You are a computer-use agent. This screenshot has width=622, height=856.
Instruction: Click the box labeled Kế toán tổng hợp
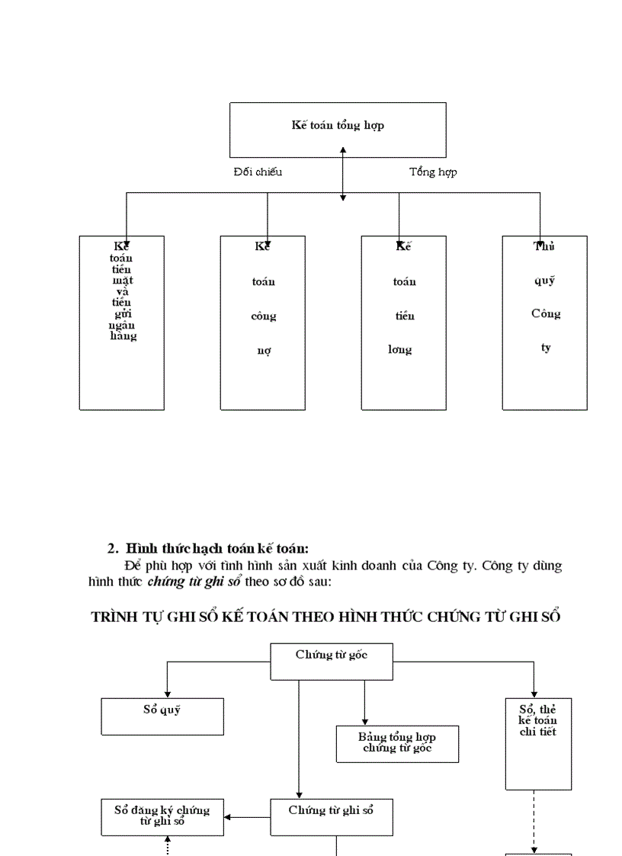[x=338, y=130]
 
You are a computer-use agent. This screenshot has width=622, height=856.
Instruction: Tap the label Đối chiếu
[x=258, y=172]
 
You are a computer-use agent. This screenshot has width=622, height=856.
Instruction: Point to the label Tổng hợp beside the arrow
[x=432, y=172]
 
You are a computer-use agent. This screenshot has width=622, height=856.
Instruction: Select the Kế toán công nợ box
[x=263, y=322]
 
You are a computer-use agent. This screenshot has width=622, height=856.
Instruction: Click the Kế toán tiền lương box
[x=403, y=322]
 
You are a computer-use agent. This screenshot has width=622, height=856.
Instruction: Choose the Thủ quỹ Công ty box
[x=544, y=322]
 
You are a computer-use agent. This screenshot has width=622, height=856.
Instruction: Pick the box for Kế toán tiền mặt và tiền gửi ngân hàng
[x=122, y=322]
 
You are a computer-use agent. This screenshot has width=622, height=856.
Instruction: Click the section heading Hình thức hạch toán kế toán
[x=216, y=548]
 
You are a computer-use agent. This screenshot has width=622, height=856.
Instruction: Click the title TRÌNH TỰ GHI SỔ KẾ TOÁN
[x=326, y=617]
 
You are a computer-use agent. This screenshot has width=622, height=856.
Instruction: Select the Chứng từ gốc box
[x=332, y=661]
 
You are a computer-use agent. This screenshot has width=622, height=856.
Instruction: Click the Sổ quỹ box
[x=162, y=716]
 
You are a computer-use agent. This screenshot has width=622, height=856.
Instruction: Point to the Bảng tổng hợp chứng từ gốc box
[x=397, y=743]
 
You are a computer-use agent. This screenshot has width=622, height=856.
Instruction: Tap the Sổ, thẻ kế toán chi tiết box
[x=538, y=743]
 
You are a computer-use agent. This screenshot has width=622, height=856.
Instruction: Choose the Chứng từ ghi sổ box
[x=332, y=816]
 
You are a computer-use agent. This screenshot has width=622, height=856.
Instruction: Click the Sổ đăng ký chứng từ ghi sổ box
[x=162, y=816]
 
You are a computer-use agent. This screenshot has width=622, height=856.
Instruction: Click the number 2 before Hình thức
[x=111, y=548]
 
